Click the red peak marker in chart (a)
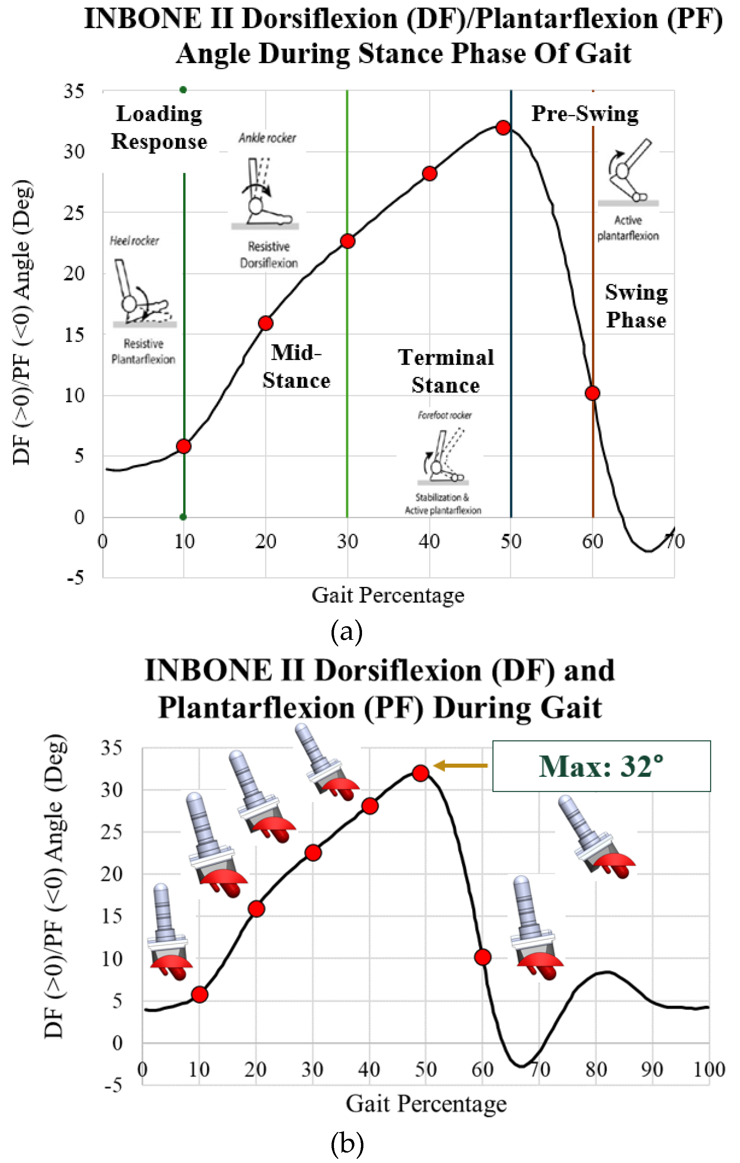[503, 127]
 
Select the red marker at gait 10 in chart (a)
[183, 446]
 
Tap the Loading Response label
[159, 127]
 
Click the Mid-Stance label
[296, 367]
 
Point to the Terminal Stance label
[446, 371]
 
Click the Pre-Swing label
[585, 114]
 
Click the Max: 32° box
[601, 766]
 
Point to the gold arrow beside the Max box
[461, 765]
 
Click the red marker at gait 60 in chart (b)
[483, 957]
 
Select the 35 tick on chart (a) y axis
[74, 91]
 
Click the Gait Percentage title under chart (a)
[388, 595]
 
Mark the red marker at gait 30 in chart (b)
[313, 853]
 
